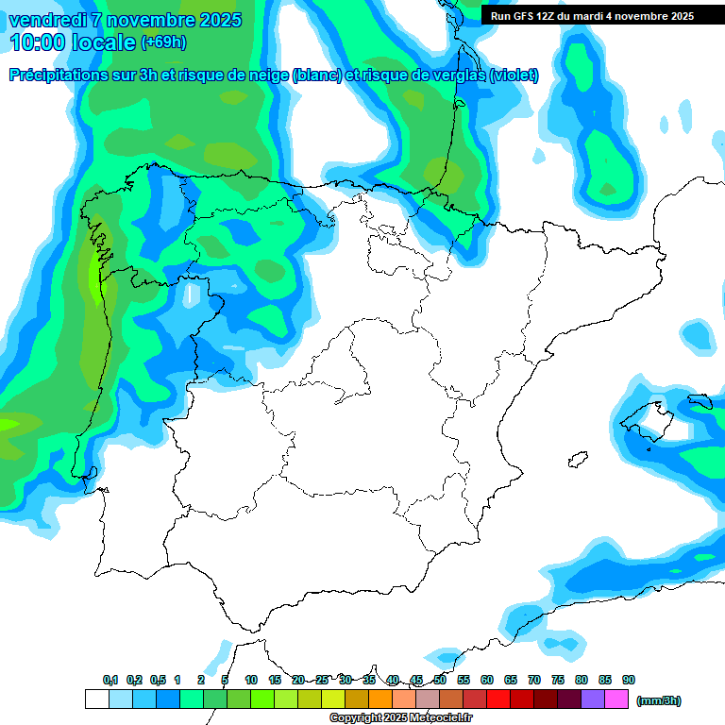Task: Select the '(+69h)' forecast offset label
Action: point(163,42)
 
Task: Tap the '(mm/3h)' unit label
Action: point(658,700)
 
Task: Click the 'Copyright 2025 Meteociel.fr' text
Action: point(400,718)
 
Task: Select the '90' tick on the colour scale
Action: point(629,680)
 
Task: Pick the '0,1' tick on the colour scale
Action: point(110,680)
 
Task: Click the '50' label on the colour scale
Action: point(440,680)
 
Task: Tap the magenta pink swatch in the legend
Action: point(616,699)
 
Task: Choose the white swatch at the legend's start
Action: point(96,699)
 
